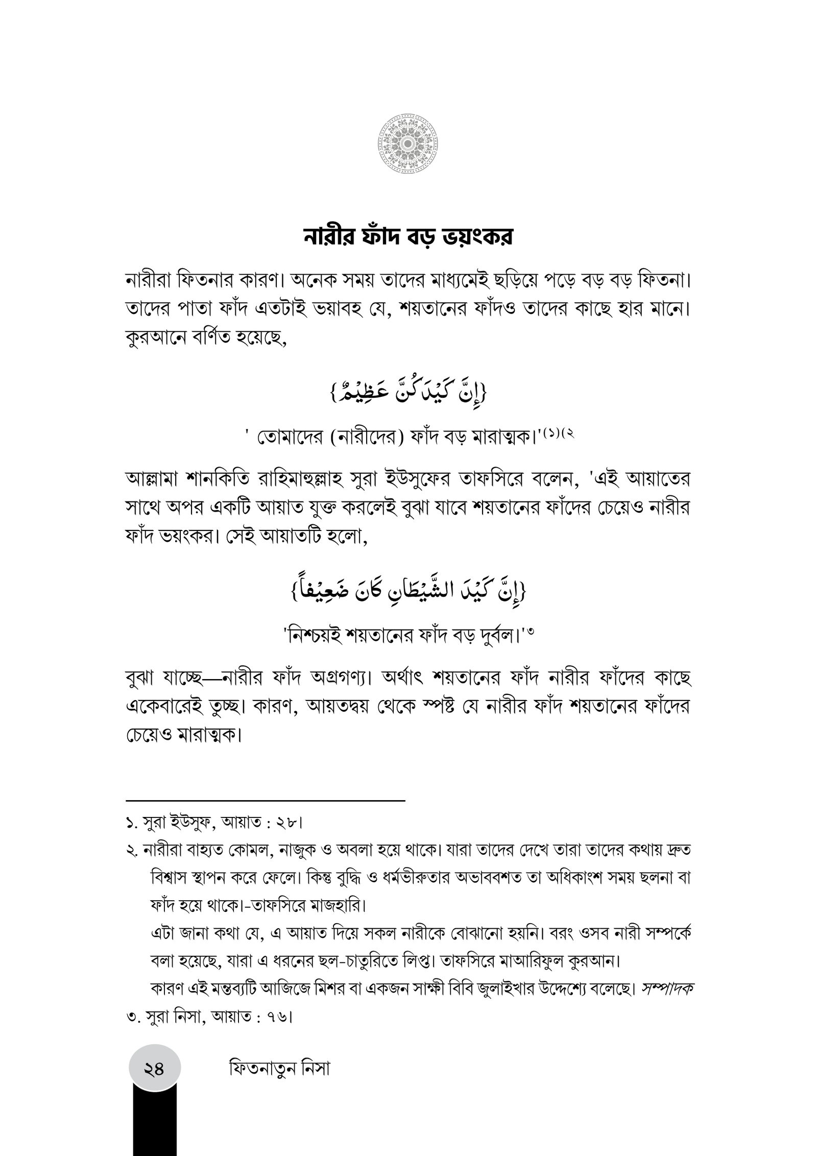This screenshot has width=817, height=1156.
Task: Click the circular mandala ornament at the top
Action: point(408,146)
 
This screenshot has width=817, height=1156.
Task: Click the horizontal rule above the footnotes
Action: point(265,814)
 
